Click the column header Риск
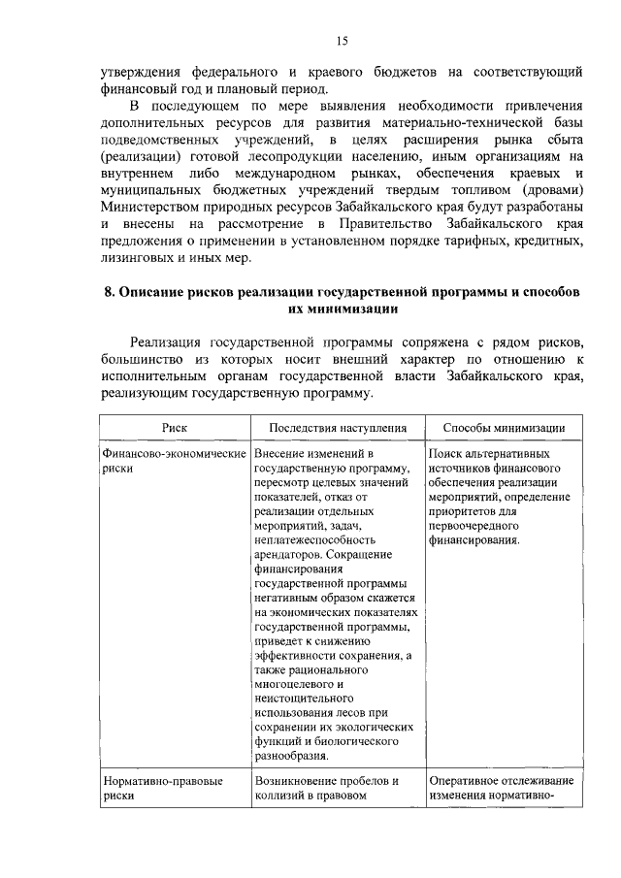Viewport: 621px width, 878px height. coord(176,427)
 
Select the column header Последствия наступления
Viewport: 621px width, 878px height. coord(338,427)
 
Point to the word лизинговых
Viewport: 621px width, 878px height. coord(142,259)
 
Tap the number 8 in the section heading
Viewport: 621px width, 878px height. coord(109,293)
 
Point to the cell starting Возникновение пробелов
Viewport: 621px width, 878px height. coord(327,787)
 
